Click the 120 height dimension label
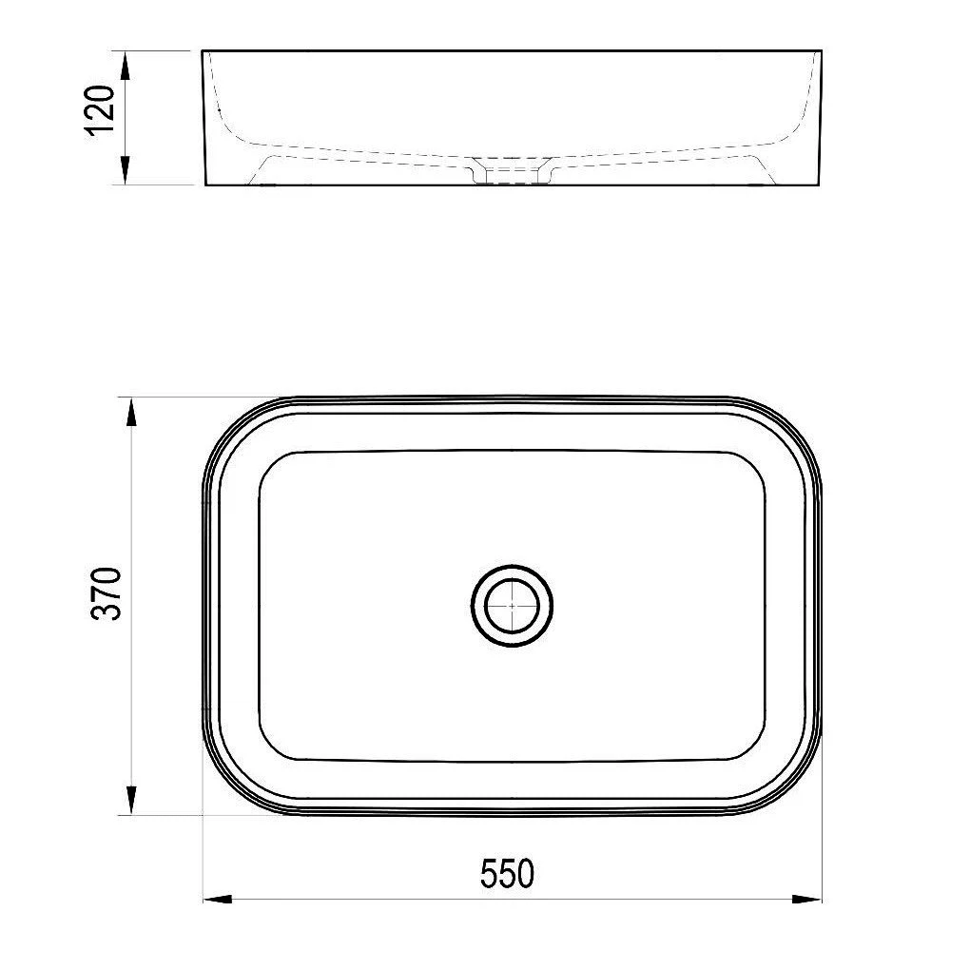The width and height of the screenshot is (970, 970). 99,110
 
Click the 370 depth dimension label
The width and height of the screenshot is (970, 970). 106,593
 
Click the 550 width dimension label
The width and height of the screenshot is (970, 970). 507,874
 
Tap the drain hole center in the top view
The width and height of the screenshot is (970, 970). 512,605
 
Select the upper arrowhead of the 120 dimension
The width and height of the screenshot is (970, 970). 125,66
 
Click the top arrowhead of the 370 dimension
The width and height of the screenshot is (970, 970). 131,412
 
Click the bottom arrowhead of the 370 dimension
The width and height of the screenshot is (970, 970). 131,800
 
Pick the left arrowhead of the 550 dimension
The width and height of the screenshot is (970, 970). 218,899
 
